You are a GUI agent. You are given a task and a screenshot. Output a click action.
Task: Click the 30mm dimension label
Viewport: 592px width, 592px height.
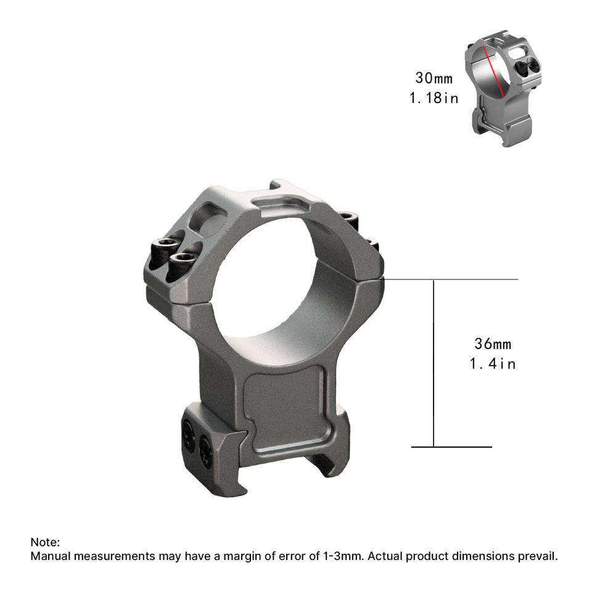434,78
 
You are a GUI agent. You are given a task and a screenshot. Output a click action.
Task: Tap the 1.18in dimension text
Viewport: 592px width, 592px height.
434,98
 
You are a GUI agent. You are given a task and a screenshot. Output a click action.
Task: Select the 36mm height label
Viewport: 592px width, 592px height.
493,344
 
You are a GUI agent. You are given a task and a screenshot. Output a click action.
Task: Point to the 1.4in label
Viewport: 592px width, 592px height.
493,364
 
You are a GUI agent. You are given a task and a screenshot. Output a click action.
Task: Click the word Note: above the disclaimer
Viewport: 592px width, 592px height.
45,542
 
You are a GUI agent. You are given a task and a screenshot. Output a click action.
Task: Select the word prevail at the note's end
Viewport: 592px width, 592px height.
538,556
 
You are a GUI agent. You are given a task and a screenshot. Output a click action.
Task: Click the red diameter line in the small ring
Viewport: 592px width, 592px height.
494,71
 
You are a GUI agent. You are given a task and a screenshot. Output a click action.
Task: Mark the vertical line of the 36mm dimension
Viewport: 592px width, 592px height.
434,363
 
